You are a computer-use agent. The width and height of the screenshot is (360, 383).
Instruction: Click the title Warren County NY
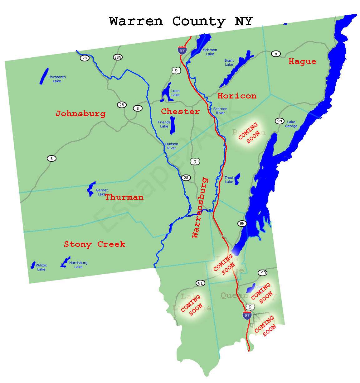coord(181,22)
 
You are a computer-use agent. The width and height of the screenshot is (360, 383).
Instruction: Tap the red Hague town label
coord(302,61)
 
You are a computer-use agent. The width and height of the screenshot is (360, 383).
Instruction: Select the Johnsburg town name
coord(80,113)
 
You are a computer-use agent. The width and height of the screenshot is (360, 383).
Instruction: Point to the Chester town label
coord(180,111)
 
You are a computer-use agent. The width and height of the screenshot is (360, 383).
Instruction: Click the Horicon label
coord(237,96)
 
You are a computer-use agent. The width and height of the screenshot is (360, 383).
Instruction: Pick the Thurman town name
coord(124,197)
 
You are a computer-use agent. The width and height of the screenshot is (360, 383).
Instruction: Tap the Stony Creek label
coord(95,244)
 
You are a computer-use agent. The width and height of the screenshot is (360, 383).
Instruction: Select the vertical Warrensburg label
coord(200,208)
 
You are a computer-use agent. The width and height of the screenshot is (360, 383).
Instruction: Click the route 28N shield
coord(118,57)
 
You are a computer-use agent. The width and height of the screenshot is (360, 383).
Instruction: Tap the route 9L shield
coord(200,283)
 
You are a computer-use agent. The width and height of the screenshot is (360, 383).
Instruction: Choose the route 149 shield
coord(262,273)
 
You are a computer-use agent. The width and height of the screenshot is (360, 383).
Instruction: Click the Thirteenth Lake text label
coord(57,79)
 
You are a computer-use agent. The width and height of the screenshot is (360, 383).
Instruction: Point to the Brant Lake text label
coord(229,63)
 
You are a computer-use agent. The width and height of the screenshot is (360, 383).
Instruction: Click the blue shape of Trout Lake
coord(237,179)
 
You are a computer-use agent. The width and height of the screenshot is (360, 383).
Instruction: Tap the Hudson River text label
coord(172,146)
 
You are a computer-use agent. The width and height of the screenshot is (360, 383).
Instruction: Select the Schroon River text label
coord(220,111)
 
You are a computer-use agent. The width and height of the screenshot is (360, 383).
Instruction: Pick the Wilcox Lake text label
coord(41,267)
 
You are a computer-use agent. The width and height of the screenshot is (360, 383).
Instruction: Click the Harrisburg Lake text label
coord(78,265)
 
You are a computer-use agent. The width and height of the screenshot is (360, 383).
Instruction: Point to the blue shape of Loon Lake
coord(166,93)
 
